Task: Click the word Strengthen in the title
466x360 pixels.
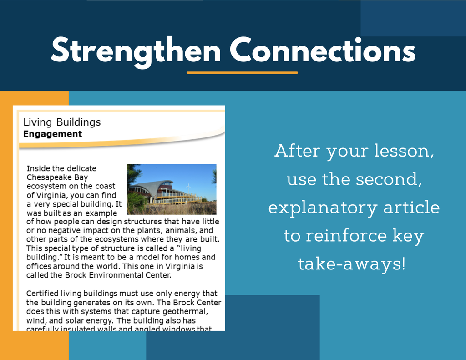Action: [x=136, y=51]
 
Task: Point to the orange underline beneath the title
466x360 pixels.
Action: [x=242, y=72]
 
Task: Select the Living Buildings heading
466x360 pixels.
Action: [x=62, y=122]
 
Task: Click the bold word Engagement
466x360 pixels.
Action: [x=53, y=134]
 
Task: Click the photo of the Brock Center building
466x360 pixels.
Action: [x=172, y=189]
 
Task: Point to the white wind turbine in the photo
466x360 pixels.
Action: [x=188, y=188]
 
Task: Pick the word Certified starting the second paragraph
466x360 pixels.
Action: [x=42, y=294]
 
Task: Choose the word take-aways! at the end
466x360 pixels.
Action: [x=352, y=264]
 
